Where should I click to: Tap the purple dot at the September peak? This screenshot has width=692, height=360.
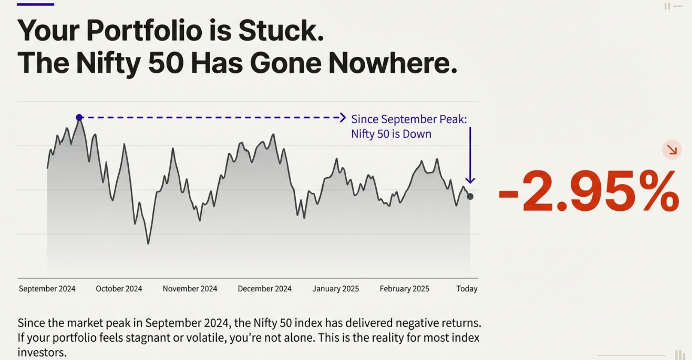79,117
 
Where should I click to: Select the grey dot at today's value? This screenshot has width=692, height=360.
470,197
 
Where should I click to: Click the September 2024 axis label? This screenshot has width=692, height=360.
47,289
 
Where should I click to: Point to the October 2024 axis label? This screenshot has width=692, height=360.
119,289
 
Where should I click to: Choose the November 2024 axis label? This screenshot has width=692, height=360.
190,289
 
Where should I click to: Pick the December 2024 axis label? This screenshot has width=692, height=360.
264,289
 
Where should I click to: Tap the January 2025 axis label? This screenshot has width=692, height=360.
336,289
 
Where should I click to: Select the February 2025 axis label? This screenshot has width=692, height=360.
404,289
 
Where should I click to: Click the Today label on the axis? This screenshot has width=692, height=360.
467,289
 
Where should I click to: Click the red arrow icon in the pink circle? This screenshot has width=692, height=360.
672,150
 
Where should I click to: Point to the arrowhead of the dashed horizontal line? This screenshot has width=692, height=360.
343,117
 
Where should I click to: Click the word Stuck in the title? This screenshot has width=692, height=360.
281,30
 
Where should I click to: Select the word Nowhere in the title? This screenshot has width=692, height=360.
392,63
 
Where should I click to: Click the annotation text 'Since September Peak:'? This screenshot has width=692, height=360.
409,119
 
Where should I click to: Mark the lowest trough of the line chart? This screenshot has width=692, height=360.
148,243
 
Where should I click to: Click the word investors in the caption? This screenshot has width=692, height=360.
42,352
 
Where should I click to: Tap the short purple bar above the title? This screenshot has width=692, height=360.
35,4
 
